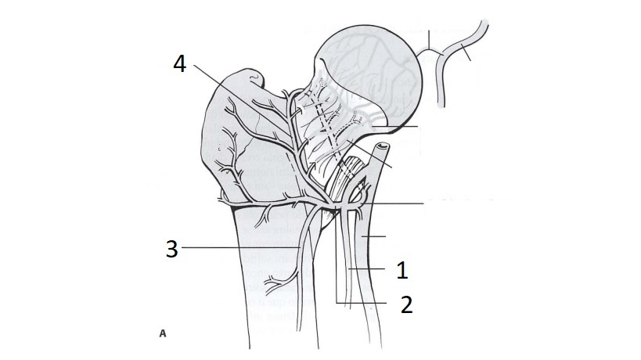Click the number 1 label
coord(402,271)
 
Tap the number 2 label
coord(405,304)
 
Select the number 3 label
coord(170,250)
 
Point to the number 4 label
coord(179,64)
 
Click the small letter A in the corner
coord(163,333)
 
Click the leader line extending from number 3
coord(235,249)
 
